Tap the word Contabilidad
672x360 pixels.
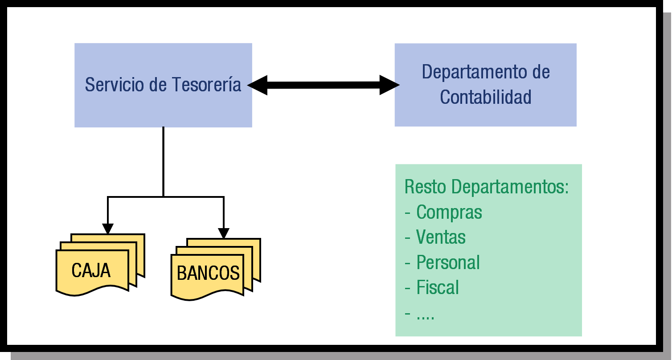485,97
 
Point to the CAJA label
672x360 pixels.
91,270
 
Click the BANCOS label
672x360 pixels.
208,273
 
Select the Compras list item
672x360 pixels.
449,212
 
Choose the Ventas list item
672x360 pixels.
441,237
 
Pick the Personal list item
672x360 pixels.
448,262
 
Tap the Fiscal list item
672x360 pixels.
438,288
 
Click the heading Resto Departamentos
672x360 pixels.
487,187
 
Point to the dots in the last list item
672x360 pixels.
425,315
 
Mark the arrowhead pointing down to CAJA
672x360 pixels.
108,229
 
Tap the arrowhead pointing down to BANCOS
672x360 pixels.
224,233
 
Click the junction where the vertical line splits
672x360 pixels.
164,196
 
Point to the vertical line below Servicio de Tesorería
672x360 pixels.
164,160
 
